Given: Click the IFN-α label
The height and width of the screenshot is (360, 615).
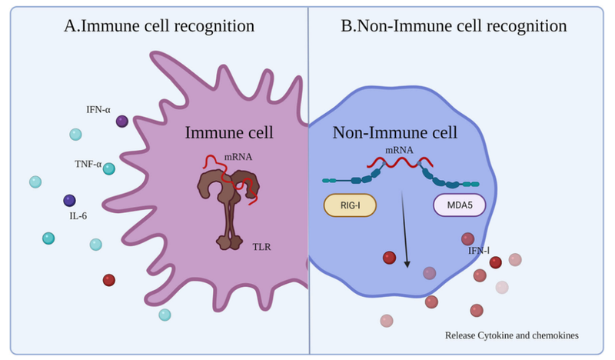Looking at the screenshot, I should (100, 110).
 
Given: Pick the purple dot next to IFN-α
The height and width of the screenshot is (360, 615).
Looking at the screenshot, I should (121, 121).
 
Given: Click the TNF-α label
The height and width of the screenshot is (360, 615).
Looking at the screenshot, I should (88, 164).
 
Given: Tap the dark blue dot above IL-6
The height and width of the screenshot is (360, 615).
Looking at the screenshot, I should (69, 200).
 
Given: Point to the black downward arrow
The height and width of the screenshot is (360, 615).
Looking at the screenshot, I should (404, 231).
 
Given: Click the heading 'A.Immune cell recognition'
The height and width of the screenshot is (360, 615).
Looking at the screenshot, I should (159, 26).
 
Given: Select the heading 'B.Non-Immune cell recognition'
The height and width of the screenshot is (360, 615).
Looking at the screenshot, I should (454, 26).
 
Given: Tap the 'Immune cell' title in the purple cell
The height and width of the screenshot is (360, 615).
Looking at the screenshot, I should (229, 132).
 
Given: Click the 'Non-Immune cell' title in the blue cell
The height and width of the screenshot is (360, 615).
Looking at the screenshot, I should (394, 132).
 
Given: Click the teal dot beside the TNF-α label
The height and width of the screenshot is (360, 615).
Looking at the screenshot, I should (109, 168).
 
